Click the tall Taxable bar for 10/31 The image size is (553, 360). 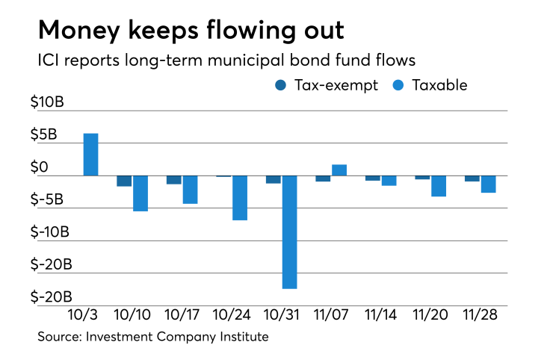(x=289, y=232)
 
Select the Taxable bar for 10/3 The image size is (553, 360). (x=90, y=155)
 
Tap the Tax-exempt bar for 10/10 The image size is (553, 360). (x=124, y=181)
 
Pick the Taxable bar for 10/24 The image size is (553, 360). (x=239, y=198)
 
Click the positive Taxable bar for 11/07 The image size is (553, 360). (x=339, y=170)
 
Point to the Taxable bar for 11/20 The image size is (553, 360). (x=439, y=186)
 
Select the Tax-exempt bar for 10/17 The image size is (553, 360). (x=173, y=180)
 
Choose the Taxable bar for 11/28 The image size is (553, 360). (x=488, y=184)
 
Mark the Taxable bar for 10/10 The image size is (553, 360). (x=140, y=193)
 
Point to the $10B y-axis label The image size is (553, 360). (x=47, y=102)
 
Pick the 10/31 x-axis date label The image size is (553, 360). (x=282, y=315)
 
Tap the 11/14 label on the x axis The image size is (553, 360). (x=381, y=315)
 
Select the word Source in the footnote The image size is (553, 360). (x=60, y=337)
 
